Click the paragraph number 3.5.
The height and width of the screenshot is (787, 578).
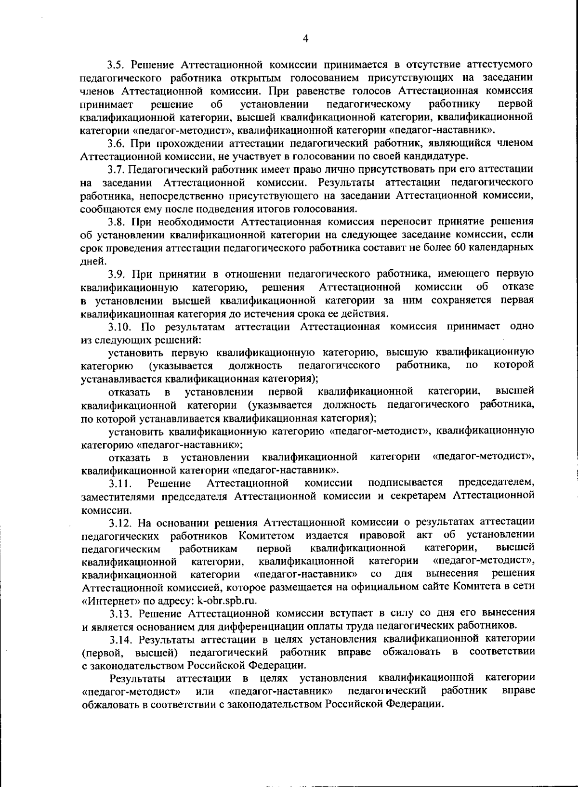tap(116, 65)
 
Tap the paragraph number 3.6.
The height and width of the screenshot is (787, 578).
tap(116, 143)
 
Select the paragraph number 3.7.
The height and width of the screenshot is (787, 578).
tap(116, 169)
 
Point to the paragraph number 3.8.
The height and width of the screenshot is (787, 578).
tap(116, 222)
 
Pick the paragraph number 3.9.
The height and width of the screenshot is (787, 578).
tap(116, 274)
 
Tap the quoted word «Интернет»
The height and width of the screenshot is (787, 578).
tap(104, 601)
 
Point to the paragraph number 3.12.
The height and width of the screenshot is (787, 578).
tap(120, 522)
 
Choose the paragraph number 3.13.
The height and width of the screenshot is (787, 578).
tap(120, 613)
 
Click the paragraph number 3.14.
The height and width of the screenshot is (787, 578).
tap(120, 639)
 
